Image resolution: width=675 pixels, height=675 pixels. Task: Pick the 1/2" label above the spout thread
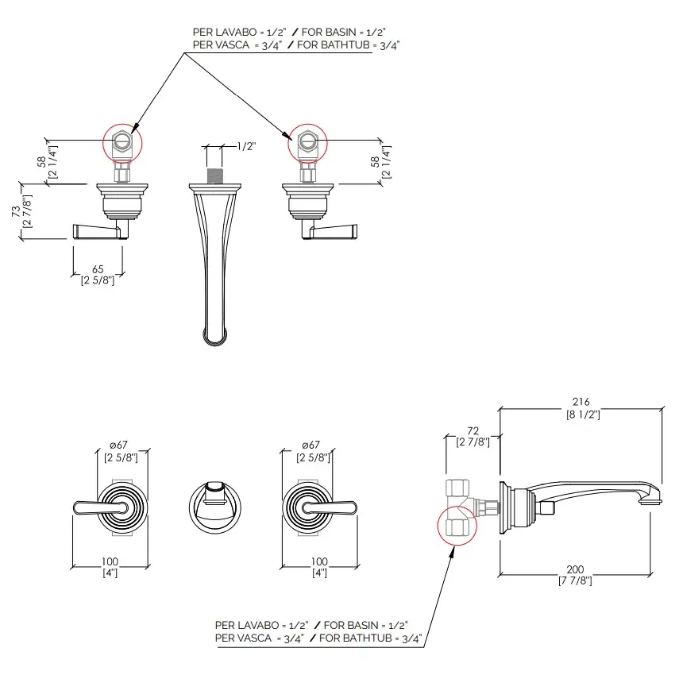pos(246,146)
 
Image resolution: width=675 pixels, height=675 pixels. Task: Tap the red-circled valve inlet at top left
pos(122,143)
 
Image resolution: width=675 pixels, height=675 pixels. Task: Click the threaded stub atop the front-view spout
pos(214,175)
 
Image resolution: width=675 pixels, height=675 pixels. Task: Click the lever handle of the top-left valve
pos(97,230)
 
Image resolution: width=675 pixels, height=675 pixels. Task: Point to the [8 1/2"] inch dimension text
pos(583,414)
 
